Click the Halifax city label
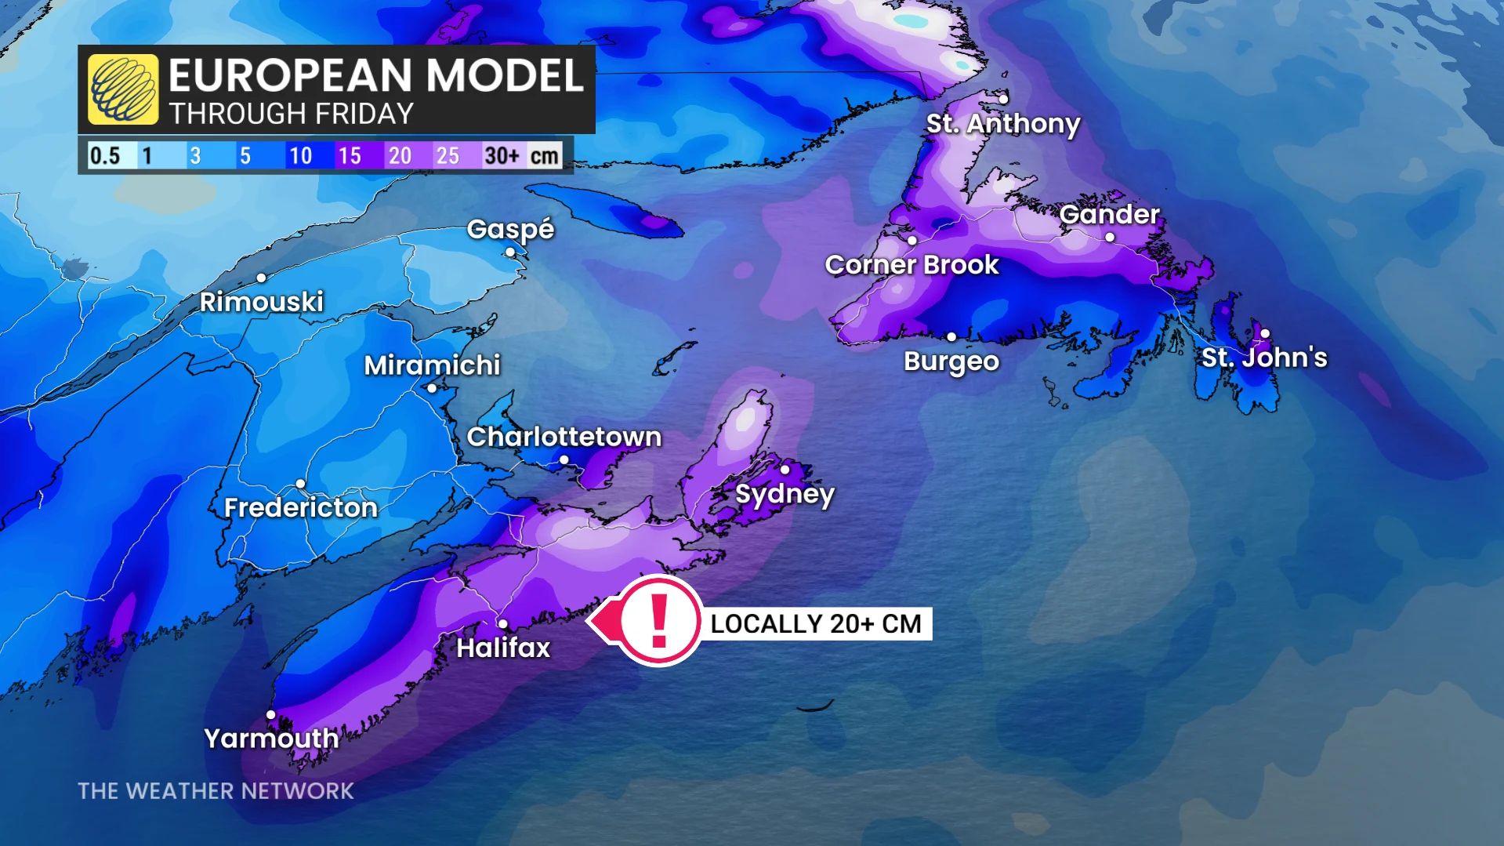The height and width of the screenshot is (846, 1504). point(503,648)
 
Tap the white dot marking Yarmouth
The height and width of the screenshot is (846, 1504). point(270,714)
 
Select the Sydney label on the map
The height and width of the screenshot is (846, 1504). point(785,494)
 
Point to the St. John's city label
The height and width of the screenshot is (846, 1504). point(1264,358)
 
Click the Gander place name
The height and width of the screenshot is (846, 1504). point(1109,214)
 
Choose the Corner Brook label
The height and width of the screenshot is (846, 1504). point(911,265)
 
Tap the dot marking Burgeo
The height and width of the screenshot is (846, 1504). point(951,337)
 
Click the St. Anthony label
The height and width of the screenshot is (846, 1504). point(1003,123)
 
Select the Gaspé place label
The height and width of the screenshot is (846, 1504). point(510,229)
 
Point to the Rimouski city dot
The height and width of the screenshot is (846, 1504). point(261,278)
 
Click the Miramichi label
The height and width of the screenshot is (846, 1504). point(432,365)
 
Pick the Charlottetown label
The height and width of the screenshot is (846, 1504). point(564,437)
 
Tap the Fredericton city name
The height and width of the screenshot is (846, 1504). point(301,508)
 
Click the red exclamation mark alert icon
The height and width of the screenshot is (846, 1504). point(659,620)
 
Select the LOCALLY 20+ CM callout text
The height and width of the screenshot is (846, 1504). point(815,624)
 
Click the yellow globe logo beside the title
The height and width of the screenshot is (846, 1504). point(123,89)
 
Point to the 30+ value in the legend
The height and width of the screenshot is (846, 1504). point(502,155)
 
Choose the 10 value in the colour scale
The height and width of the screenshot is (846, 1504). point(300,155)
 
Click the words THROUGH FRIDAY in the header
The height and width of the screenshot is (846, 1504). point(291,114)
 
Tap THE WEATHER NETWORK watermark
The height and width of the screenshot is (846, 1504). point(216,791)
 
